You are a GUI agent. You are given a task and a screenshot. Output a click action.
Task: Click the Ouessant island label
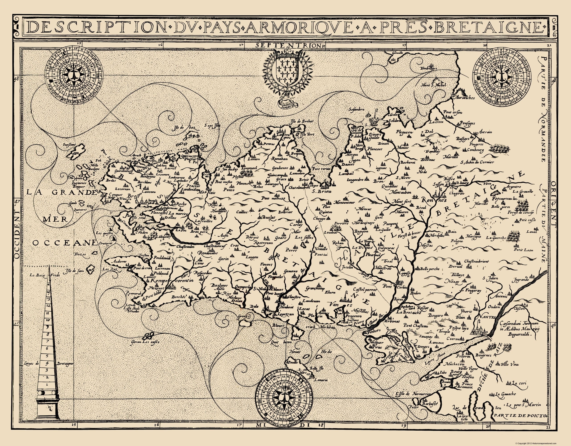(69, 144)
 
